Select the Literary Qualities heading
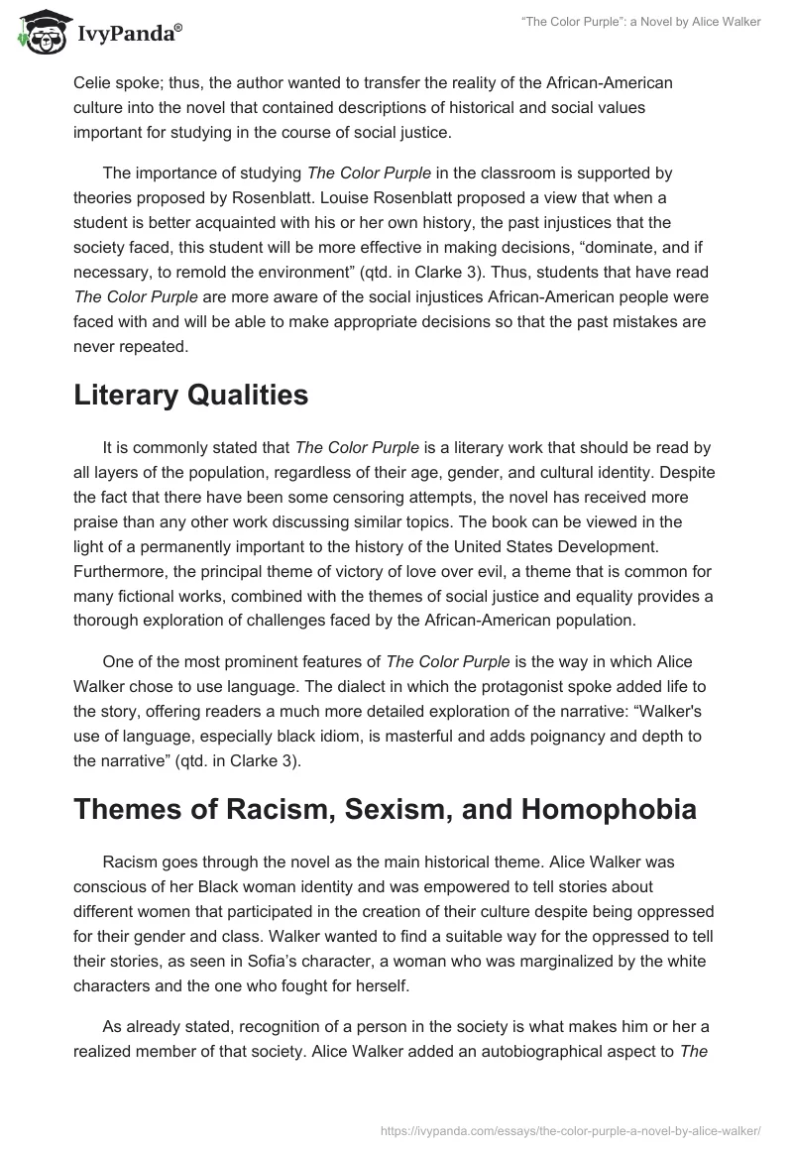tap(190, 396)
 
